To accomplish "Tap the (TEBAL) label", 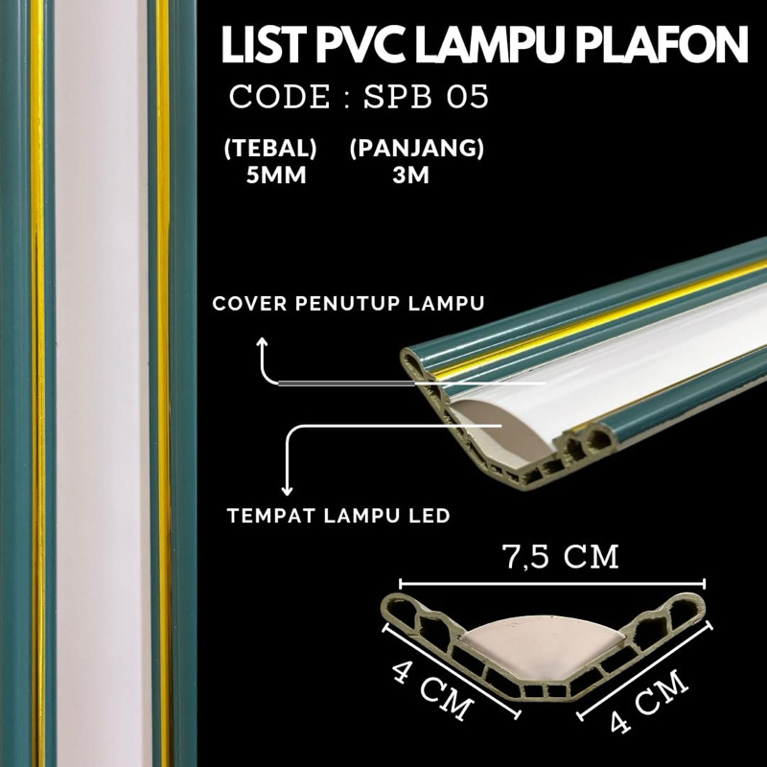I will [270, 151].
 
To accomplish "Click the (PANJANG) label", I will [415, 151].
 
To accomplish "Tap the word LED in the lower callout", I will [429, 516].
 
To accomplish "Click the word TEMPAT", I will [266, 516].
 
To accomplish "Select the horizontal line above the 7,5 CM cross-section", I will [551, 582].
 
